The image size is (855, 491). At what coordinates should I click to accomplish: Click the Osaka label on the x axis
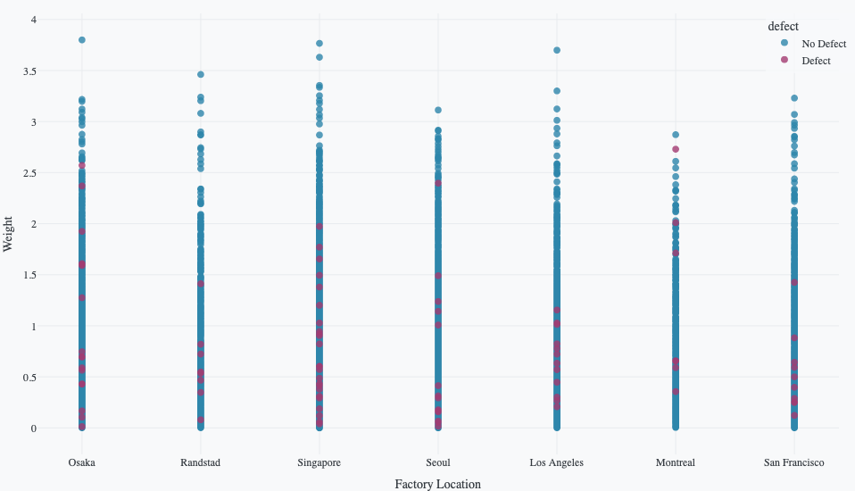tap(81, 462)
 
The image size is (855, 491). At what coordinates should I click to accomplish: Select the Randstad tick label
tap(200, 462)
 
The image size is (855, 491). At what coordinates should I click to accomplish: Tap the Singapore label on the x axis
tap(319, 462)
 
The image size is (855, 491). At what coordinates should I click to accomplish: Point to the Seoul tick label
tap(438, 462)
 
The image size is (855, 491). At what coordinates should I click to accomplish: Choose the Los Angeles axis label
tap(556, 462)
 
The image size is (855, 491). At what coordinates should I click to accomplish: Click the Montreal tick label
tap(675, 462)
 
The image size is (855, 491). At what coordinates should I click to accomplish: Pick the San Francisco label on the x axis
tap(793, 462)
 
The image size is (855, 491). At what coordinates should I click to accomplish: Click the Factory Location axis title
tap(437, 484)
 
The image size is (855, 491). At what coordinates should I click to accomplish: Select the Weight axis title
tap(9, 233)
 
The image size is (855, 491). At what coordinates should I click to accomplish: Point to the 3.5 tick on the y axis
tap(29, 71)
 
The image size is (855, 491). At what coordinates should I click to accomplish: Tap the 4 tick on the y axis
tap(33, 20)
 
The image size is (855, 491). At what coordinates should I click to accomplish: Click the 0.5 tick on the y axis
tap(29, 378)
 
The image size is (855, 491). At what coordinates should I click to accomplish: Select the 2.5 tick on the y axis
tap(29, 173)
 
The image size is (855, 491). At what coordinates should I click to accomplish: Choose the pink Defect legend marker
tap(784, 60)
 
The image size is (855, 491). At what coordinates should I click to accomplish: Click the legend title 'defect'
tap(783, 27)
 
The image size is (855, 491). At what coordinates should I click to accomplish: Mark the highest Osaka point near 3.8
tap(81, 40)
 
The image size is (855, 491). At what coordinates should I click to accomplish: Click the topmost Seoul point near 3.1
tap(438, 110)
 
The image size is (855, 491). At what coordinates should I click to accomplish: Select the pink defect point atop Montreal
tap(676, 149)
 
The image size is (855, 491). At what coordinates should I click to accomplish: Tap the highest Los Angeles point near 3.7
tap(557, 50)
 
